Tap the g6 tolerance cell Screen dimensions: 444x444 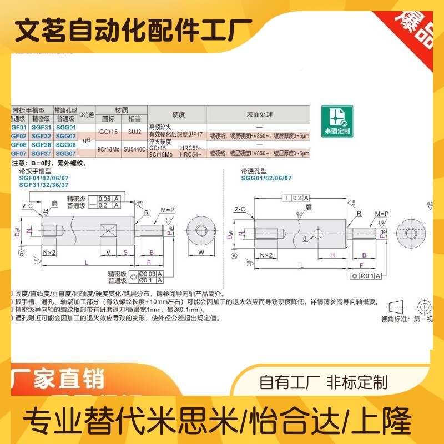tap(86, 140)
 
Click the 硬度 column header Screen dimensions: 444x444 tap(178, 114)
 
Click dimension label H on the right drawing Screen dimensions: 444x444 tap(332, 255)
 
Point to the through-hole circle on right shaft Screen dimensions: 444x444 tap(318, 233)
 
